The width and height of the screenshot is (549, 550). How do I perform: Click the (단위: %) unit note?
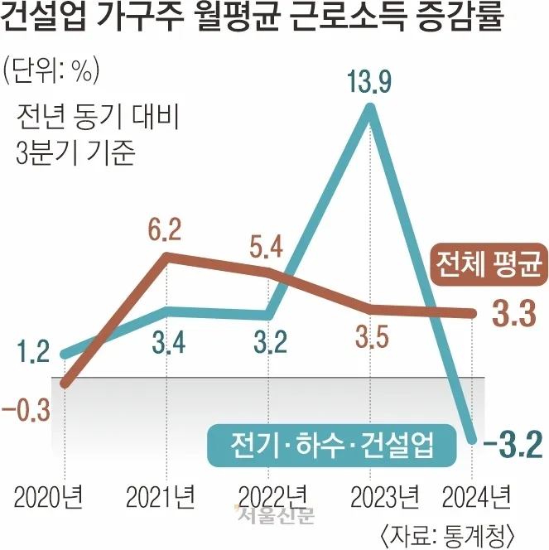pos(51,70)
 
